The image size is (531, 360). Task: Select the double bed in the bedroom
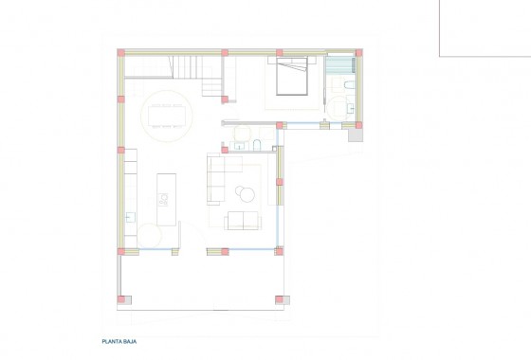tap(293, 76)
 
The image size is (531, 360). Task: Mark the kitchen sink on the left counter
tap(131, 215)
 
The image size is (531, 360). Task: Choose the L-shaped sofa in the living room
tap(219, 180)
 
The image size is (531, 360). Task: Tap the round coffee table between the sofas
tap(246, 193)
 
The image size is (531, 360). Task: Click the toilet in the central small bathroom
tap(257, 143)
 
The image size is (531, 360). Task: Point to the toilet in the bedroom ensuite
tap(349, 91)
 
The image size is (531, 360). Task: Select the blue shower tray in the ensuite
tap(339, 65)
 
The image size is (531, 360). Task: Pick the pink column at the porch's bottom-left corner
tap(120, 299)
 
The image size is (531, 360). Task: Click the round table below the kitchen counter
tap(158, 232)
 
